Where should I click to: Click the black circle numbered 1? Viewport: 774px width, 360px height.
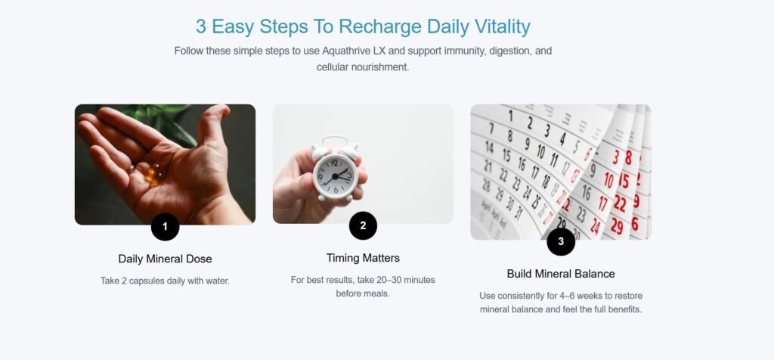165,227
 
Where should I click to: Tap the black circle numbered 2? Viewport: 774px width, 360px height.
363,225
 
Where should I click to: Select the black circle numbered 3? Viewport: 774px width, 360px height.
561,241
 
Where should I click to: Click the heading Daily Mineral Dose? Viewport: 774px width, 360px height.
165,259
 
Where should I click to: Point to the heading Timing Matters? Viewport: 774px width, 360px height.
363,258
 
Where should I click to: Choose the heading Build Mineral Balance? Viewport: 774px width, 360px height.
561,274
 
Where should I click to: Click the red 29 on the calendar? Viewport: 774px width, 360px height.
617,225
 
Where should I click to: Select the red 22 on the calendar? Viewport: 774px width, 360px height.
620,203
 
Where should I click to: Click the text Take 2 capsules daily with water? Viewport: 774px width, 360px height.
165,281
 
